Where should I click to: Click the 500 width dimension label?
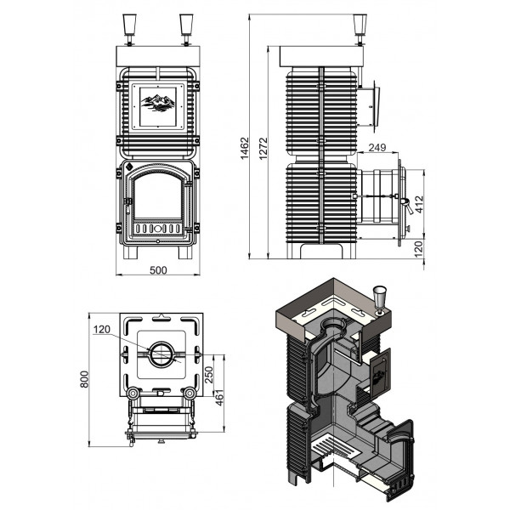pyautogui.click(x=158, y=270)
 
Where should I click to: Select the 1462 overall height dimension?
pyautogui.click(x=244, y=148)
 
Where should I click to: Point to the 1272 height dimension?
pyautogui.click(x=263, y=148)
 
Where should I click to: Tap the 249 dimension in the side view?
pyautogui.click(x=377, y=148)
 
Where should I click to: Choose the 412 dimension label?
pyautogui.click(x=420, y=204)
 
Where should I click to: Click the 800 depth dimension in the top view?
pyautogui.click(x=84, y=379)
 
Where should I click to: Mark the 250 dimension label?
pyautogui.click(x=208, y=375)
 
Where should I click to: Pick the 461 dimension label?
pyautogui.click(x=220, y=398)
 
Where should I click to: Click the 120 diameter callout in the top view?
pyautogui.click(x=102, y=330)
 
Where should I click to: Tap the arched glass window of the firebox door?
pyautogui.click(x=158, y=196)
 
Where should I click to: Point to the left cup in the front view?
pyautogui.click(x=129, y=29)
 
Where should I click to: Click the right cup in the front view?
pyautogui.click(x=186, y=29)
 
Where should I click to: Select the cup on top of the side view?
pyautogui.click(x=360, y=29)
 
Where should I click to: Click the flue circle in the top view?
pyautogui.click(x=161, y=354)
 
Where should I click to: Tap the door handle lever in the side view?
pyautogui.click(x=407, y=207)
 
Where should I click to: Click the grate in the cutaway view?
pyautogui.click(x=336, y=447)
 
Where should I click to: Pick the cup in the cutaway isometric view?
pyautogui.click(x=379, y=299)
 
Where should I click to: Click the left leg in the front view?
pyautogui.click(x=131, y=252)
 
